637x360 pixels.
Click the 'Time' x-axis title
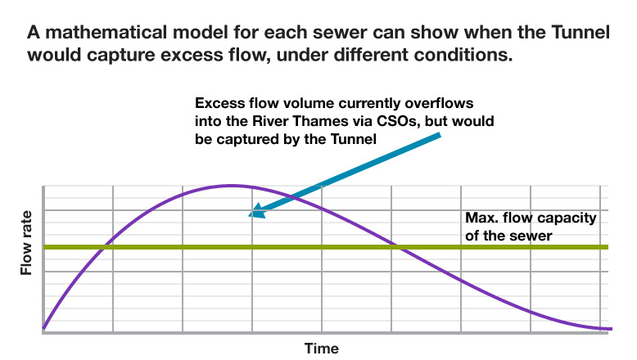click(x=321, y=348)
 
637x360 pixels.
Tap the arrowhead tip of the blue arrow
click(x=251, y=216)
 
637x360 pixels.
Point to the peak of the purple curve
click(x=232, y=186)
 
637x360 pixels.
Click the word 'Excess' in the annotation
click(x=218, y=105)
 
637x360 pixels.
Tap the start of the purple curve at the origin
click(x=44, y=330)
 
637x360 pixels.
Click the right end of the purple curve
click(x=611, y=329)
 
